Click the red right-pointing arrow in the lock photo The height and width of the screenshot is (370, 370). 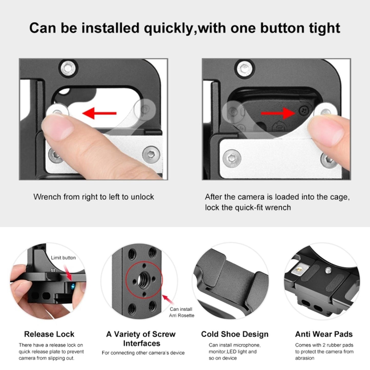pyautogui.click(x=278, y=113)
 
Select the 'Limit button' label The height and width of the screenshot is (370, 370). pyautogui.click(x=63, y=258)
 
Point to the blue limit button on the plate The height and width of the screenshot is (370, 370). pyautogui.click(x=73, y=287)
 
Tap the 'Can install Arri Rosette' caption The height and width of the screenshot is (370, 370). pyautogui.click(x=181, y=312)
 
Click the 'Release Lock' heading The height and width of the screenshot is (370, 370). pyautogui.click(x=49, y=334)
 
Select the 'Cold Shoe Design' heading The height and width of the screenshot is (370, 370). pyautogui.click(x=235, y=334)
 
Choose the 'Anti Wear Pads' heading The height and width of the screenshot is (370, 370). pyautogui.click(x=324, y=334)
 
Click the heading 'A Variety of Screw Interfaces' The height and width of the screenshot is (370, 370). pyautogui.click(x=141, y=339)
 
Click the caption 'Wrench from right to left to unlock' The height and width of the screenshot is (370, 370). pyautogui.click(x=93, y=197)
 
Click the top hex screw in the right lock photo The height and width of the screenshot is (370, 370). pyautogui.click(x=246, y=68)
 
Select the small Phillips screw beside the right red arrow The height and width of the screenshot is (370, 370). pyautogui.click(x=303, y=111)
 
